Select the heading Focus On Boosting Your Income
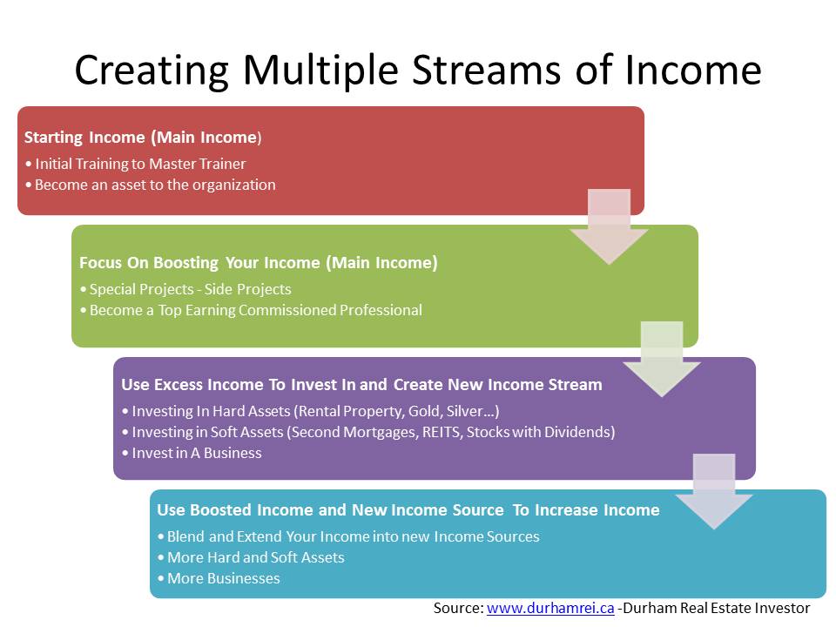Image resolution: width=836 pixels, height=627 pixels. (x=258, y=262)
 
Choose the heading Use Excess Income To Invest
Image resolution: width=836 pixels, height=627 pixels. (x=361, y=384)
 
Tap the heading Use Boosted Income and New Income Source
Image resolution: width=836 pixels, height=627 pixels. (x=408, y=509)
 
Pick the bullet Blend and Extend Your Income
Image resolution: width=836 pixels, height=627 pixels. (x=352, y=536)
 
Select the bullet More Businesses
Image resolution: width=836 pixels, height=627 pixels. (x=222, y=578)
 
